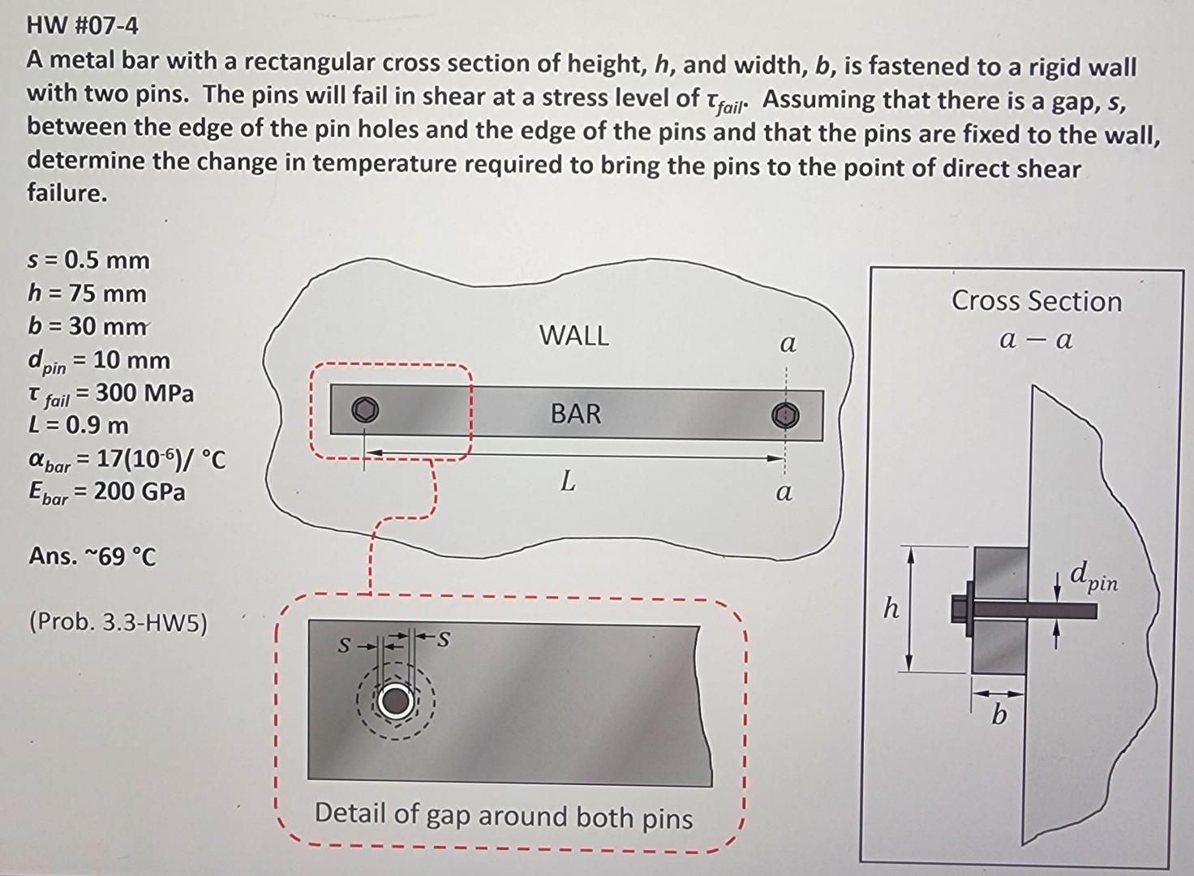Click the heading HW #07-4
pyautogui.click(x=83, y=26)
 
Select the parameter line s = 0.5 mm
pyautogui.click(x=88, y=260)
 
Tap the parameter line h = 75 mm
pyautogui.click(x=87, y=294)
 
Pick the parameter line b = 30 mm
pyautogui.click(x=88, y=326)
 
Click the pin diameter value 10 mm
pyautogui.click(x=132, y=360)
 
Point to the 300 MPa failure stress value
pyautogui.click(x=145, y=393)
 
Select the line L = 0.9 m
pyautogui.click(x=78, y=425)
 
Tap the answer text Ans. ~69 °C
pyautogui.click(x=92, y=556)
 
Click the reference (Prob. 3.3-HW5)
pyautogui.click(x=118, y=623)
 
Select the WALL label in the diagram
pyautogui.click(x=573, y=336)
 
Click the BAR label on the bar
pyautogui.click(x=576, y=414)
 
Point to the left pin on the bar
pyautogui.click(x=365, y=410)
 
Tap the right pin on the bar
pyautogui.click(x=785, y=415)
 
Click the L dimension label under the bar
pyautogui.click(x=568, y=482)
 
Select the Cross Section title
pyautogui.click(x=1037, y=301)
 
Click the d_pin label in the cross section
pyautogui.click(x=1093, y=578)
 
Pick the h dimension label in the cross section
pyautogui.click(x=891, y=608)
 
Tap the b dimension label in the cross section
pyautogui.click(x=999, y=716)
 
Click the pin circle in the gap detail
pyautogui.click(x=395, y=702)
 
